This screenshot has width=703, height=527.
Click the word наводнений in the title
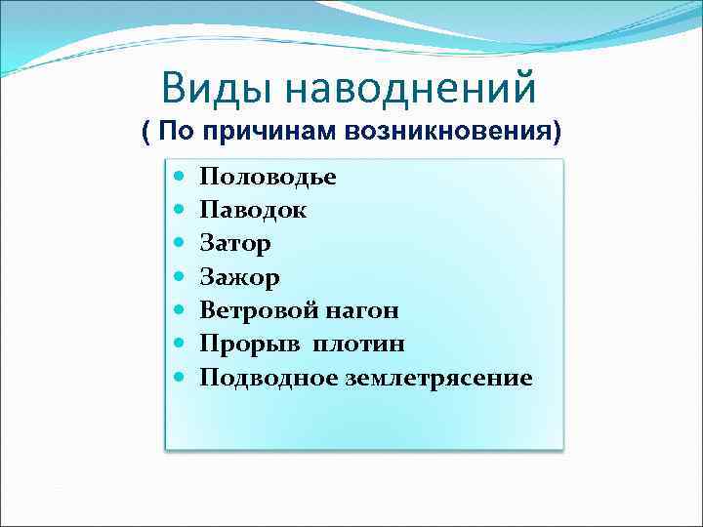[x=411, y=89]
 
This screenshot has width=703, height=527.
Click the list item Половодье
[x=268, y=177]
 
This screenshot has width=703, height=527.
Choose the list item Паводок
[x=253, y=210]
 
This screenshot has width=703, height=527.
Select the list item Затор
[x=235, y=244]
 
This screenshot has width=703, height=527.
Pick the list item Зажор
[x=239, y=277]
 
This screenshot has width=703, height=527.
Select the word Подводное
[x=269, y=378]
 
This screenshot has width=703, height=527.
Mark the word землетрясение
[x=438, y=378]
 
